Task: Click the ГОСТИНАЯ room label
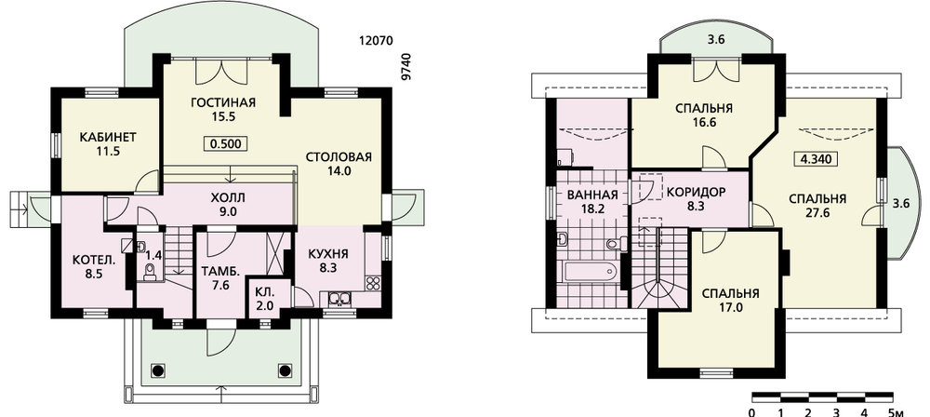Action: tap(223, 102)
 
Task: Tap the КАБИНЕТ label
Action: tap(108, 137)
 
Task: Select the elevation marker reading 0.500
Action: tap(225, 143)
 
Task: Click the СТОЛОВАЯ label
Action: tap(339, 156)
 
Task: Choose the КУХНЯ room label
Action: tap(328, 254)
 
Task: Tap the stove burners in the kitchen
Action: tap(373, 282)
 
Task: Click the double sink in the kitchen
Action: tap(337, 298)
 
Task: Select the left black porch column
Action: tap(156, 370)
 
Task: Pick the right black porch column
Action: tap(283, 370)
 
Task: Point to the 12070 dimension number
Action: tap(377, 41)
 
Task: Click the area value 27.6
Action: tap(817, 213)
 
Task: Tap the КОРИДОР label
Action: tap(696, 193)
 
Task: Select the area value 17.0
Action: tap(730, 308)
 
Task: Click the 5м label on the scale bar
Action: tap(896, 412)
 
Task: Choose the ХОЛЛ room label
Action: tap(227, 197)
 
